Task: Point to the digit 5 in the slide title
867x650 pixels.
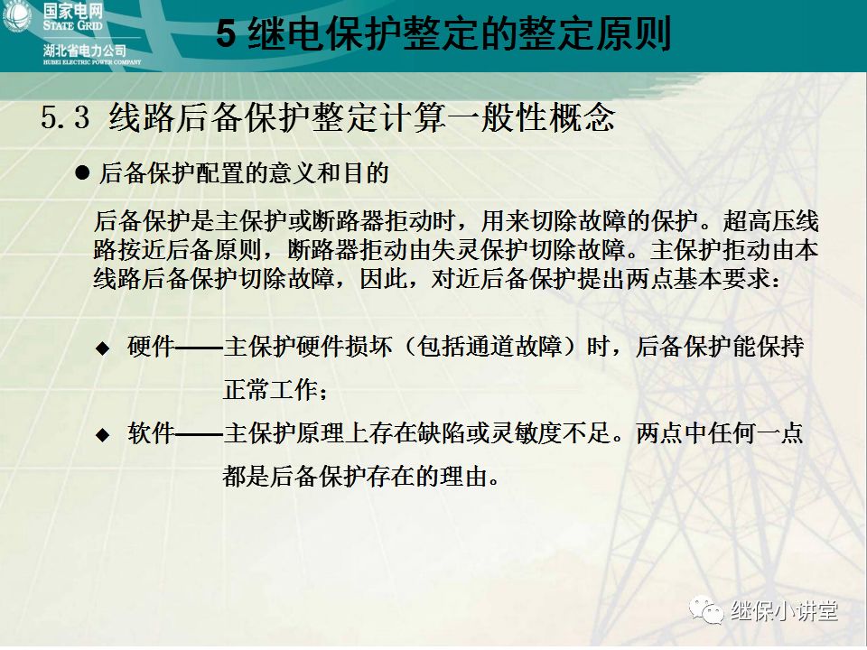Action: [227, 35]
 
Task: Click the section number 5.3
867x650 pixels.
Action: [66, 118]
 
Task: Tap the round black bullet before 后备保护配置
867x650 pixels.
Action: [83, 172]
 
